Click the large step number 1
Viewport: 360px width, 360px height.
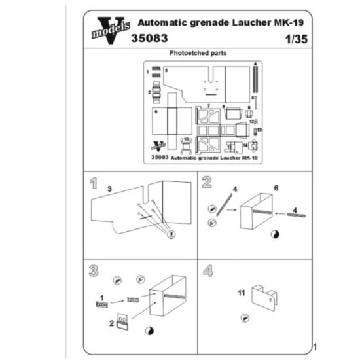pos(94,181)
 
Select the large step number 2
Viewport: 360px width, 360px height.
pos(207,181)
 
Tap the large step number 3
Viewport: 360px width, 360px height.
pos(94,270)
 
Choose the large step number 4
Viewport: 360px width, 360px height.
pos(207,270)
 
